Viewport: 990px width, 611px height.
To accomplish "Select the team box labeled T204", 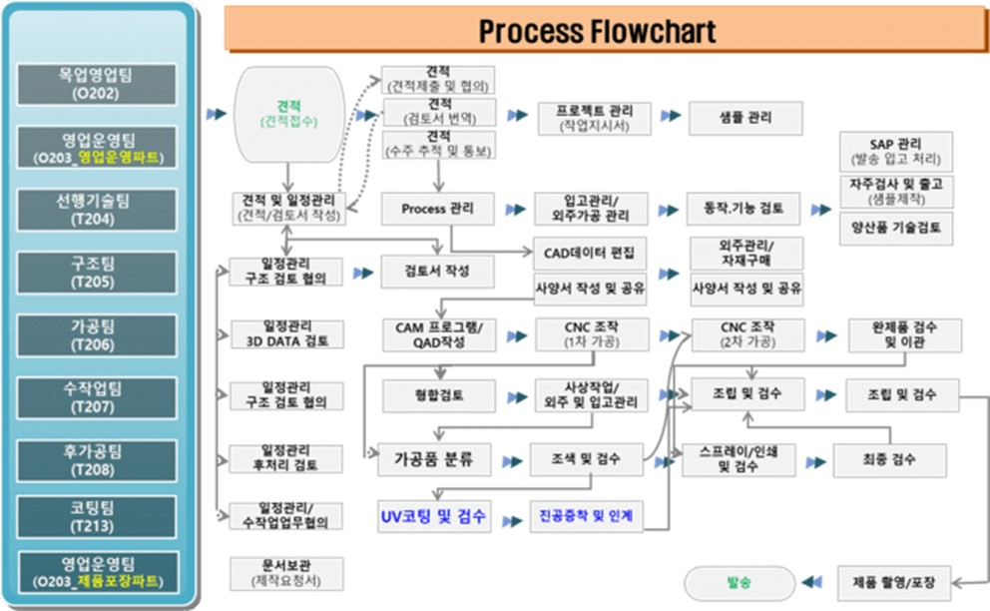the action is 96,210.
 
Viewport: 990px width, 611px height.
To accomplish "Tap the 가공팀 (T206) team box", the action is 96,335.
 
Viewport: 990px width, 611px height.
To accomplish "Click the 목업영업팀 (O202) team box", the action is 96,85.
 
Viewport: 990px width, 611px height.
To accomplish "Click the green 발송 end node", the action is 740,581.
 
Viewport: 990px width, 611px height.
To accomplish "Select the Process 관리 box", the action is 438,210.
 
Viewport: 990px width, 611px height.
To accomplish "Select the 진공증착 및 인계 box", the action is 586,517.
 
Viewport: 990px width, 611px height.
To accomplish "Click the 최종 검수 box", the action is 889,460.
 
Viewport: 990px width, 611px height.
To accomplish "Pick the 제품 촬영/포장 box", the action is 894,581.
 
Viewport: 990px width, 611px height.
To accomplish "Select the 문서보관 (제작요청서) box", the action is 287,573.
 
